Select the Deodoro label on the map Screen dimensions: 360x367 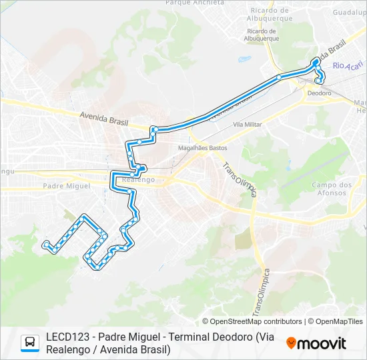319,93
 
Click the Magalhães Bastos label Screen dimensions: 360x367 203,148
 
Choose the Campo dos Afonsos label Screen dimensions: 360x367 332,189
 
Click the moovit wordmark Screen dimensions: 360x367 322,343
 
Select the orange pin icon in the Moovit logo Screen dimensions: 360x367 292,343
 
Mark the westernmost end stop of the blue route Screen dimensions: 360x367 45,245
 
